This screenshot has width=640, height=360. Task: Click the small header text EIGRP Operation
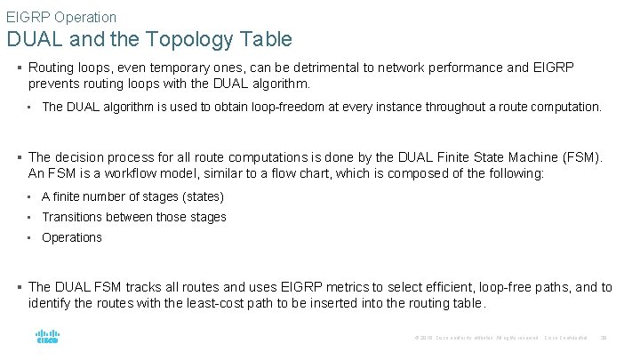(x=61, y=17)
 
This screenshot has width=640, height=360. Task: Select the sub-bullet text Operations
(x=72, y=237)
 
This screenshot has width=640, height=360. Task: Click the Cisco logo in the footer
(x=47, y=338)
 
